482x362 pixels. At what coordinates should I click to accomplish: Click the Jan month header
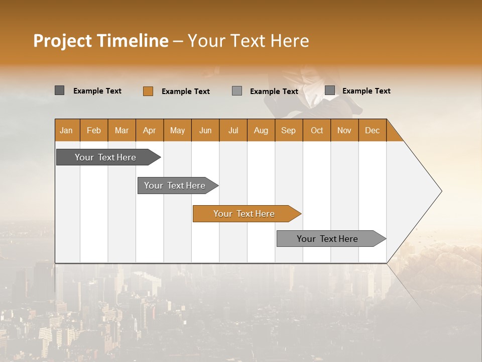(x=66, y=130)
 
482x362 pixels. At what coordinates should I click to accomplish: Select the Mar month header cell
(x=122, y=130)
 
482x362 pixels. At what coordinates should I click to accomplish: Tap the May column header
(x=177, y=130)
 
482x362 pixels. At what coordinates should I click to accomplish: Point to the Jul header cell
(x=233, y=130)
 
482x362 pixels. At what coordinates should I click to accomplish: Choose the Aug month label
(x=261, y=130)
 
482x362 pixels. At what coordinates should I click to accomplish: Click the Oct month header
(x=317, y=130)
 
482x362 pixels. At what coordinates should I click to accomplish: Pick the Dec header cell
(x=372, y=130)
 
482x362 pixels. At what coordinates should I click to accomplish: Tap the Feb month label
(x=94, y=130)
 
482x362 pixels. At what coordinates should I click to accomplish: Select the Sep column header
(x=289, y=130)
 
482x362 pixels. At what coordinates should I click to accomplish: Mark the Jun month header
(x=205, y=130)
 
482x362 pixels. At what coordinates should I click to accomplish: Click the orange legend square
(x=148, y=91)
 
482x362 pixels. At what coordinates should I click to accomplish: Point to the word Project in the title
(x=63, y=41)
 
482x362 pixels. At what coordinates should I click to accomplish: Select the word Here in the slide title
(x=290, y=41)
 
